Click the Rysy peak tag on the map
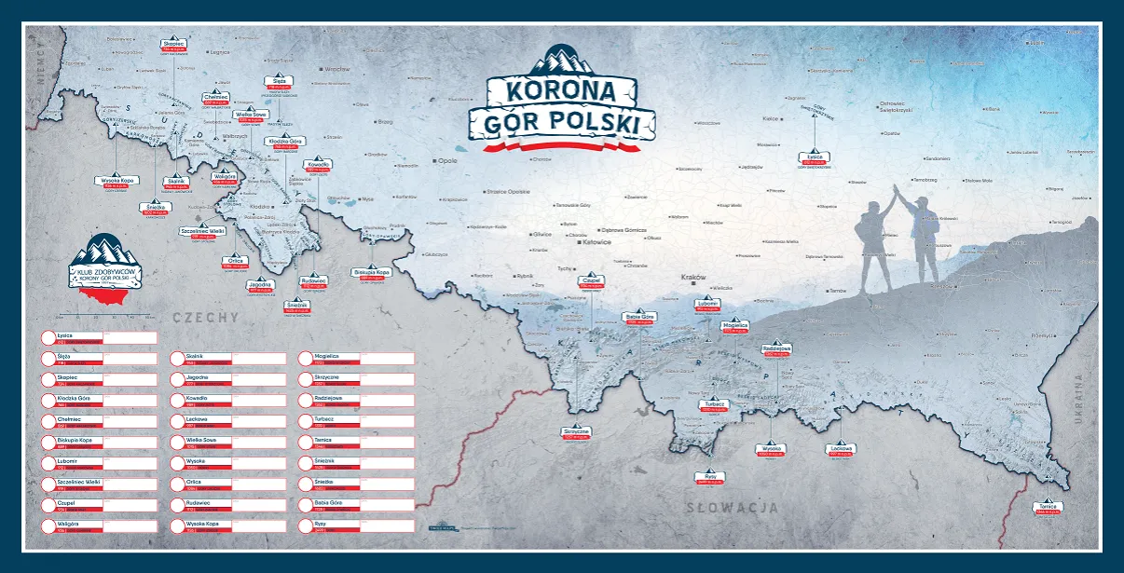point(710,478)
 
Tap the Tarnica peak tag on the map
point(1049,508)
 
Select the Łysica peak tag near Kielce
point(816,159)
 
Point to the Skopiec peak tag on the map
point(174,45)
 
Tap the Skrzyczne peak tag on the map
point(577,433)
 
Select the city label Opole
point(448,160)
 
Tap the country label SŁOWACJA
point(732,508)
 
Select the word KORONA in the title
point(562,90)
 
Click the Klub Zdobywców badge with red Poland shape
point(103,270)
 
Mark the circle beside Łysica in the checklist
point(48,337)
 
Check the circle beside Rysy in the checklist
point(306,525)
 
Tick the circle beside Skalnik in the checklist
point(177,359)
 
